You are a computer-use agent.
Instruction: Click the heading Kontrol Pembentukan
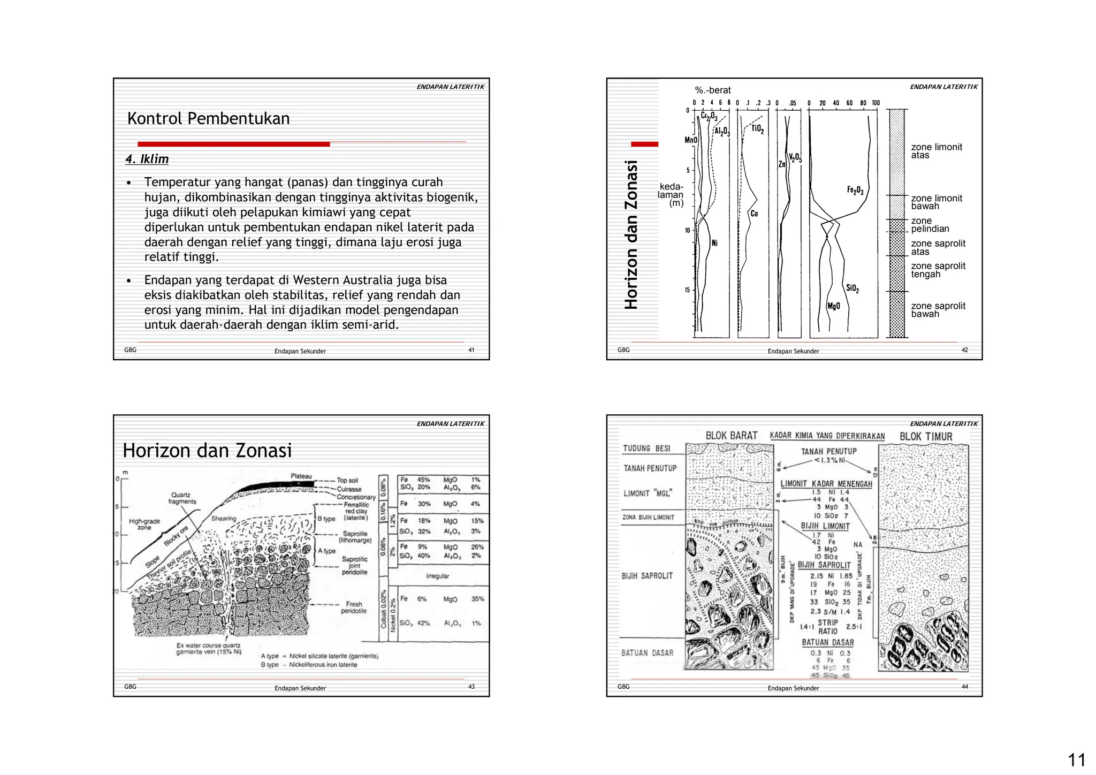(x=208, y=118)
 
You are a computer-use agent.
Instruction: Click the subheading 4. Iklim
(x=147, y=159)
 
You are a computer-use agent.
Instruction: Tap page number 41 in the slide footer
(x=471, y=350)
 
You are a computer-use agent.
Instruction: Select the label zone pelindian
(x=930, y=225)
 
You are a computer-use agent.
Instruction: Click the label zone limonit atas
(x=936, y=151)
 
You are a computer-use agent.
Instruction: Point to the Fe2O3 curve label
(x=855, y=190)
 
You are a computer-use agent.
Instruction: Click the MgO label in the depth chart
(x=833, y=306)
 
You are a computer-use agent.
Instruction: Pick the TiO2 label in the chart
(x=757, y=129)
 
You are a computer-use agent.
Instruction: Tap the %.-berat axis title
(x=712, y=90)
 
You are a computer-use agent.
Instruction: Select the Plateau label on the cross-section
(x=301, y=476)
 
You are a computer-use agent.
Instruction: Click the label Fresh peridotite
(x=354, y=607)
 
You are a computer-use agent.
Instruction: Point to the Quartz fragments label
(x=182, y=498)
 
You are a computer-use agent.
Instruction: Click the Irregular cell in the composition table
(x=437, y=576)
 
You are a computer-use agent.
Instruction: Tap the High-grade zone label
(x=144, y=524)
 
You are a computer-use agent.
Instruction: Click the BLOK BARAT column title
(x=731, y=436)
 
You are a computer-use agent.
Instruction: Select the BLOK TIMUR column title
(x=925, y=436)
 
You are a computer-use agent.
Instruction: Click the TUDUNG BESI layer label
(x=646, y=448)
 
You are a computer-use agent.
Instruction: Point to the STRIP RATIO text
(x=827, y=627)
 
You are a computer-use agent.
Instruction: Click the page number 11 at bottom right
(x=1076, y=760)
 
